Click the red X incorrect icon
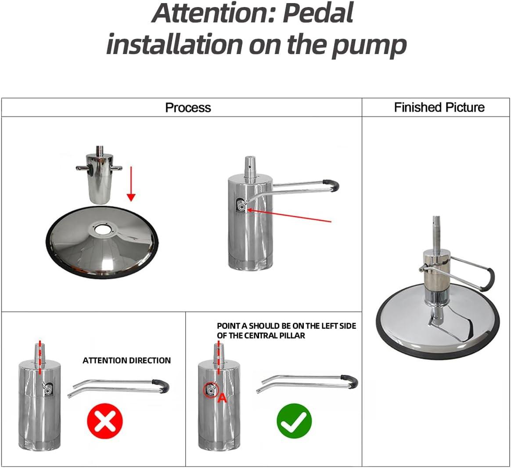105,421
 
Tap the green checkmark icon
294,421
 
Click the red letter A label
222,398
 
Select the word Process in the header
188,108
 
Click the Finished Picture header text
439,107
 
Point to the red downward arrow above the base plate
131,184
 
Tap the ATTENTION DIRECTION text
127,360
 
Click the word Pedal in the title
318,13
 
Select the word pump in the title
369,46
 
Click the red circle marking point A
211,390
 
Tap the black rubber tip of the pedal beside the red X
161,386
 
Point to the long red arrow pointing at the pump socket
289,216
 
